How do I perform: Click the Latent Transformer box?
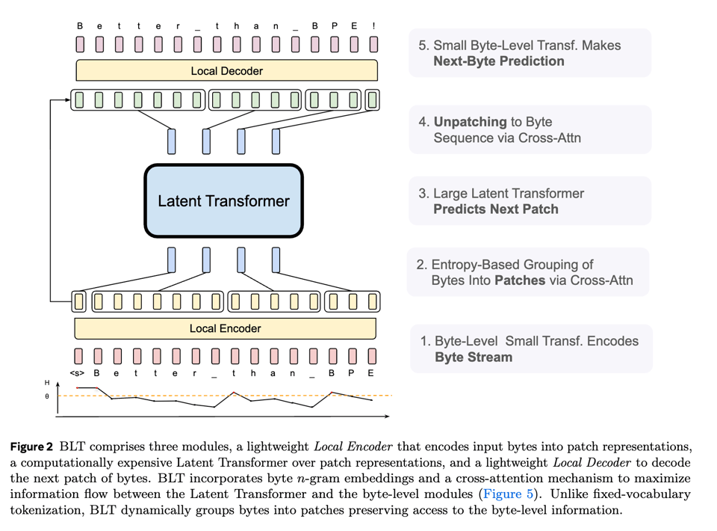[223, 200]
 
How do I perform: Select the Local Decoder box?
[226, 71]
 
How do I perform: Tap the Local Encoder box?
[225, 328]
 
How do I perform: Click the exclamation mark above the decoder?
[373, 26]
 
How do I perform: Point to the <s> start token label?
[78, 373]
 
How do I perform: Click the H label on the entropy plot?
[47, 383]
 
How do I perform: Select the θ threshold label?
[47, 396]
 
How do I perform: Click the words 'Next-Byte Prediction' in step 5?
[498, 61]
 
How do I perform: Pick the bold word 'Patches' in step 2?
[516, 280]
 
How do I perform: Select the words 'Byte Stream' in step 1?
[474, 357]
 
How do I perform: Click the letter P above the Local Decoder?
[335, 26]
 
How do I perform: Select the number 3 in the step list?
[423, 193]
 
